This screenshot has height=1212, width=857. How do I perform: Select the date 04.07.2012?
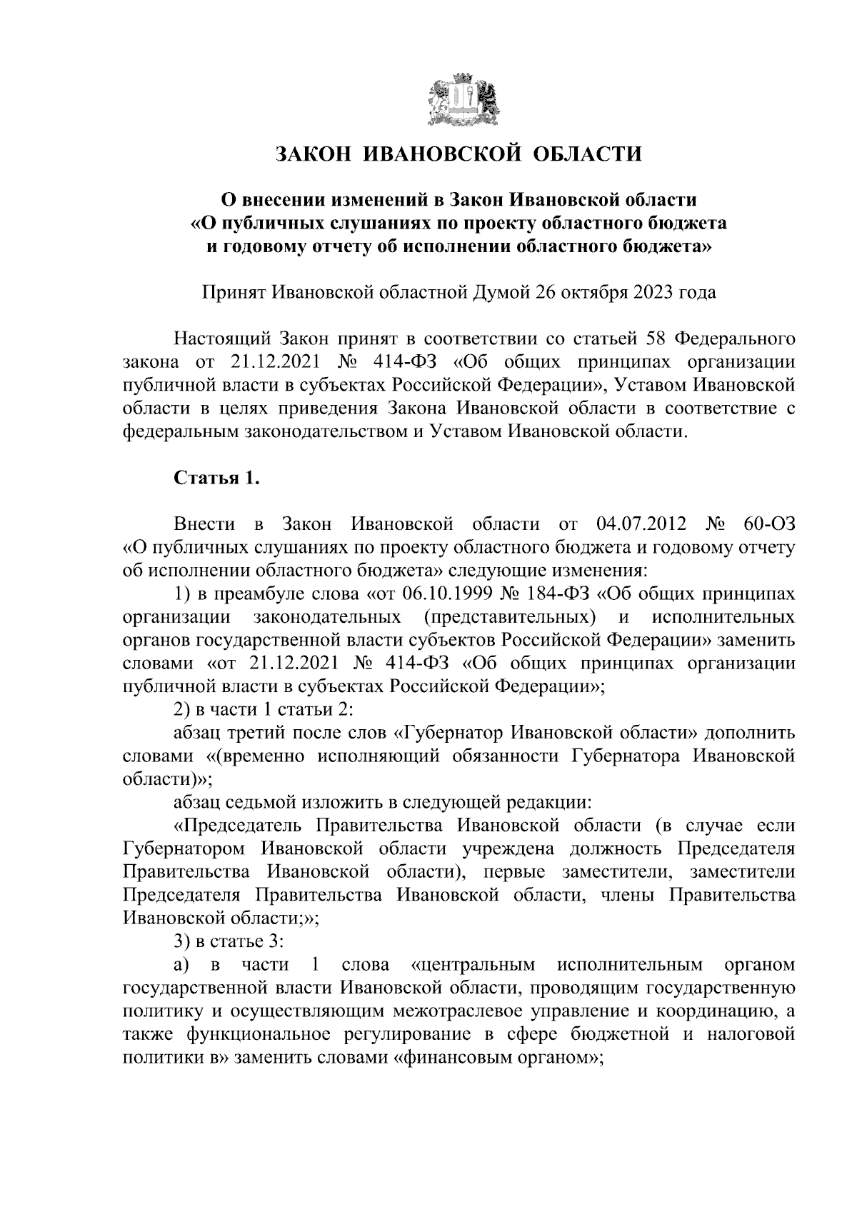641,525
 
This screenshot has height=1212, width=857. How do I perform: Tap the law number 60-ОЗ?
768,525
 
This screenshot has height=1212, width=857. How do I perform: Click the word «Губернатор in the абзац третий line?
441,733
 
